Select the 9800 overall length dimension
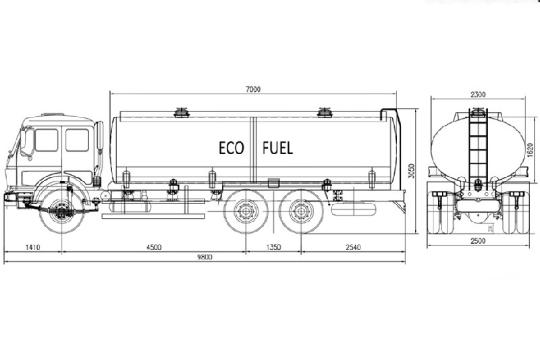[x=205, y=257]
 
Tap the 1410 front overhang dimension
[x=32, y=247]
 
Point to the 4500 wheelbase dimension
[x=154, y=247]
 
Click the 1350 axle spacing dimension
[x=273, y=247]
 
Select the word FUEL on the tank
[x=277, y=149]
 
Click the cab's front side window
[x=47, y=140]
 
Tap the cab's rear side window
[x=77, y=140]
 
